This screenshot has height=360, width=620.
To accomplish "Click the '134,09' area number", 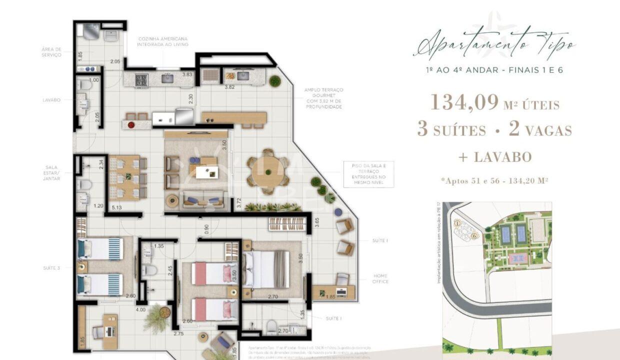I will click(x=464, y=102).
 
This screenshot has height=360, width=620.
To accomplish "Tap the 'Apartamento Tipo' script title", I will click(x=494, y=47).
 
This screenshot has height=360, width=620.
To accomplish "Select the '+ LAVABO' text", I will click(x=494, y=157).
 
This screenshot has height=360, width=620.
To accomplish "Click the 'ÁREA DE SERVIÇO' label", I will click(x=51, y=52).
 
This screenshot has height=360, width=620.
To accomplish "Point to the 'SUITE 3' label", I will click(x=51, y=268).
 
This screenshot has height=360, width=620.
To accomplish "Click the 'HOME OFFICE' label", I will click(x=380, y=278).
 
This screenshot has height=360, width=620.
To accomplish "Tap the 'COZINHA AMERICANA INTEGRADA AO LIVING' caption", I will click(x=162, y=41).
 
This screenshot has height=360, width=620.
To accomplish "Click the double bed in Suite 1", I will click(x=265, y=269).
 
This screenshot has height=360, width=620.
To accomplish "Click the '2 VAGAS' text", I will click(x=540, y=130).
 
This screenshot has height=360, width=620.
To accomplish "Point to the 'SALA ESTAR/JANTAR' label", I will click(x=51, y=173).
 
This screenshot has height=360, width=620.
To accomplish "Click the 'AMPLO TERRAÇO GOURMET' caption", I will click(x=323, y=98).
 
